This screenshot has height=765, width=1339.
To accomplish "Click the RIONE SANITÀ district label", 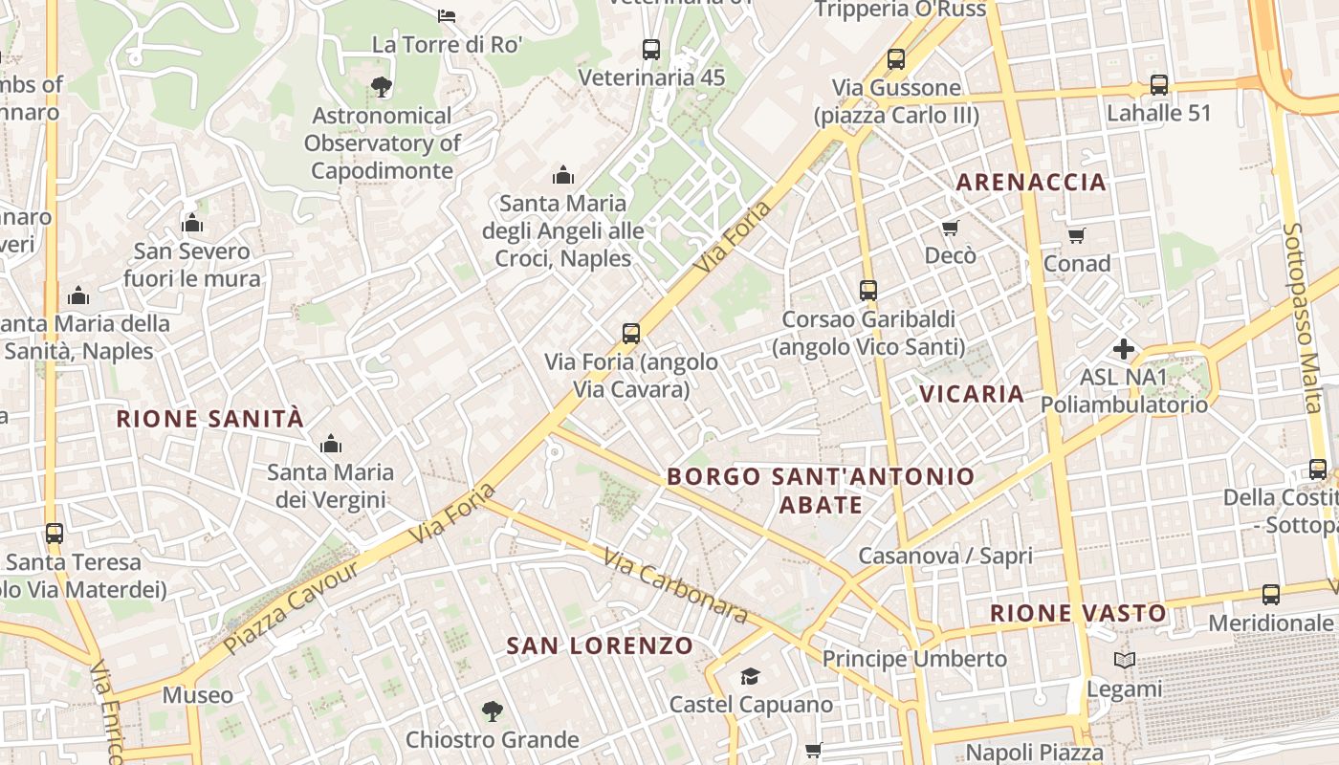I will tap(209, 419).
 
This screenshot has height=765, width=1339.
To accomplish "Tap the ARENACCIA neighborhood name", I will tap(1031, 182).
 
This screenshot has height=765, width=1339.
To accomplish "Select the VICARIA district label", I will tap(972, 394).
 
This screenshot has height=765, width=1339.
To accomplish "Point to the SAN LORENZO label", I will tap(600, 645).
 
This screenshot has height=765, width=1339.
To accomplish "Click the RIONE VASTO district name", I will tap(1078, 613).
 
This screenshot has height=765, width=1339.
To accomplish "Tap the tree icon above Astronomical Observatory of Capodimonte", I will tap(382, 87).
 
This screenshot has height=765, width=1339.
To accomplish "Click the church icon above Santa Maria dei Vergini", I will tap(331, 444).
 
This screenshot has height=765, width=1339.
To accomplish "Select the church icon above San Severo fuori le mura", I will tap(192, 224).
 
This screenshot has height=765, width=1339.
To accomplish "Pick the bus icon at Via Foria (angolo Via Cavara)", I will tap(631, 334).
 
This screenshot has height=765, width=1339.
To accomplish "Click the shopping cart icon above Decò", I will tap(950, 228).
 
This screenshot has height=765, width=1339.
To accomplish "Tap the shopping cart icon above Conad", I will tap(1077, 235).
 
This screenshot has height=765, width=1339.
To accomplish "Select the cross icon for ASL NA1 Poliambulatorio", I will tap(1124, 349).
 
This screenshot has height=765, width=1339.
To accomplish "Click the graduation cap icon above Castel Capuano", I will tap(750, 677).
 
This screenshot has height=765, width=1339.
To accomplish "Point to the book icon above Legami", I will tap(1125, 661).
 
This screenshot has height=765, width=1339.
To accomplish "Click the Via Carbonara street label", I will tap(675, 584).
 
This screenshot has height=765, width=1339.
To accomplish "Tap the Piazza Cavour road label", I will tap(292, 607).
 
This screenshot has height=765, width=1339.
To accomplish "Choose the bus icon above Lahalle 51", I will tap(1159, 85).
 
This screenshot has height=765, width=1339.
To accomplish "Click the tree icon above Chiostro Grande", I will tap(493, 711).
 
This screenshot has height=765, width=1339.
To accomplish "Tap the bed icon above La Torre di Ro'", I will tap(447, 16).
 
